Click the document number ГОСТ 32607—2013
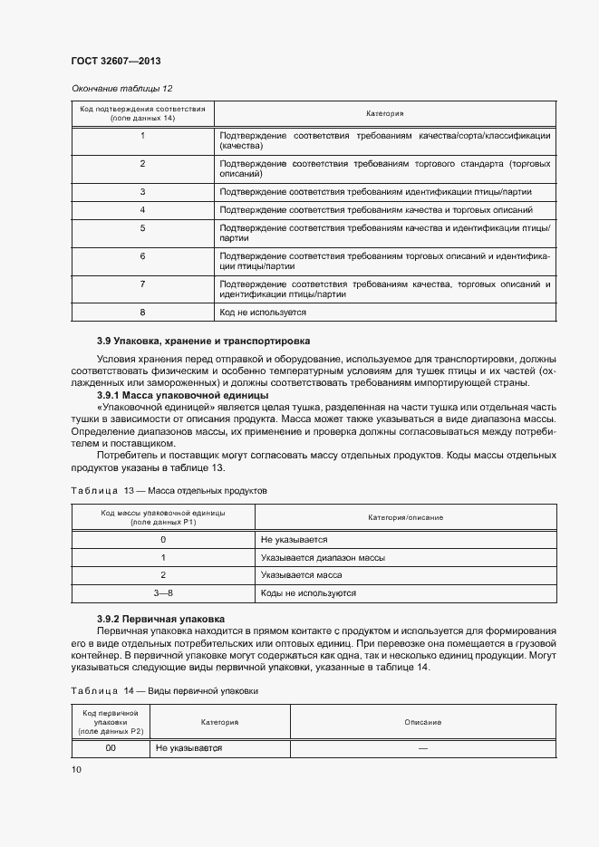coord(116,62)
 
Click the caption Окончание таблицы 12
coord(121,88)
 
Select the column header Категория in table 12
coord(384,114)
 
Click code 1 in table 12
coord(142,136)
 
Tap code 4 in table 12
coord(142,209)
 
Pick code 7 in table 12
coord(142,284)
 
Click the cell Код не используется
coord(263,312)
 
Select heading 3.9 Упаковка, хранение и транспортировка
coord(203,342)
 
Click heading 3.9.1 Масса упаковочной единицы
coord(182,396)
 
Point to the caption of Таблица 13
coord(169,489)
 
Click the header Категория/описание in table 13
coord(405,516)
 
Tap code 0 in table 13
coord(162,539)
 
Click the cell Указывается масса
coord(300,575)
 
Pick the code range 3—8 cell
coord(162,593)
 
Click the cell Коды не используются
coord(308,593)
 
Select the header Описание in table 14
coord(423,722)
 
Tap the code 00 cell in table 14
coord(111,749)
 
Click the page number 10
coord(76,769)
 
